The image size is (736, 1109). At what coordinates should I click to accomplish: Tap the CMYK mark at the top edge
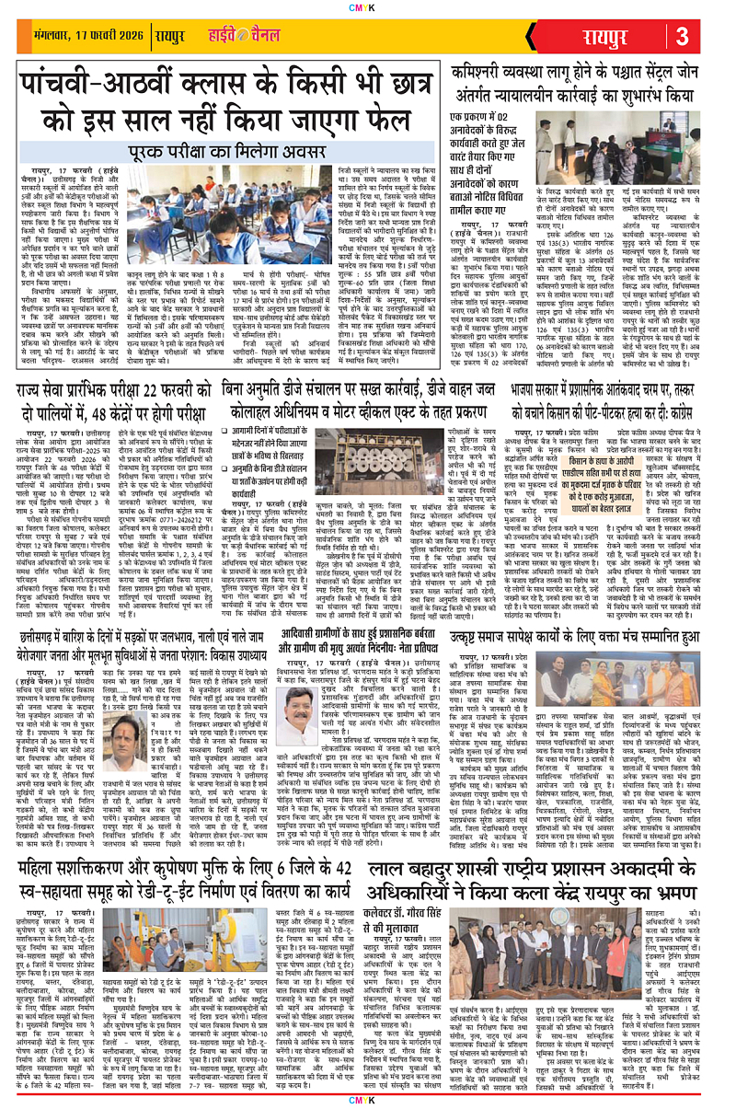coord(367,7)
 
